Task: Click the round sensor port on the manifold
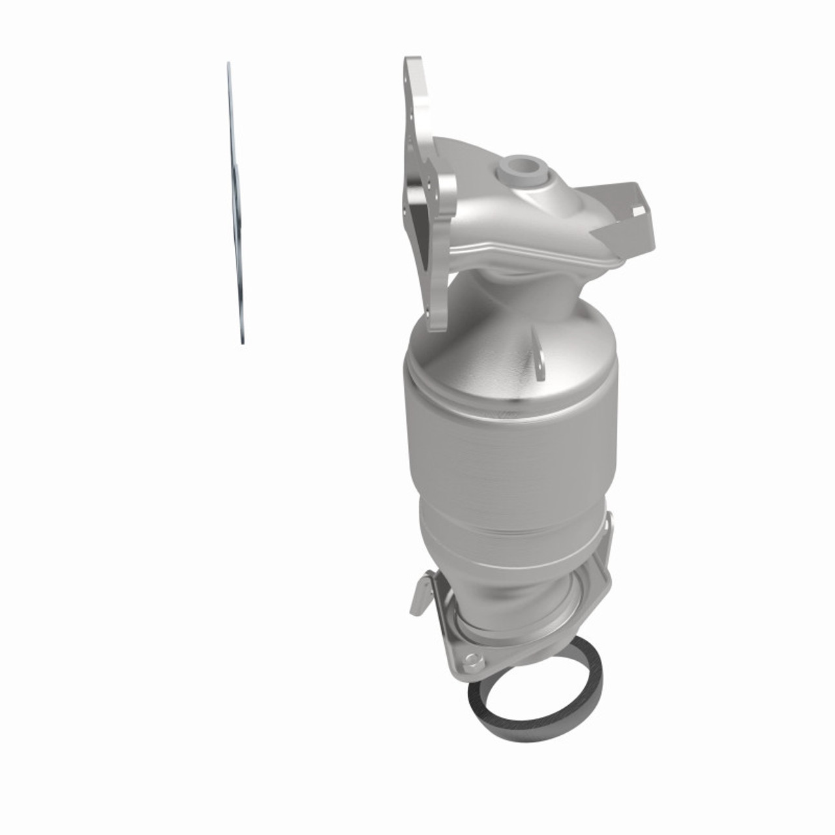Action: (x=521, y=168)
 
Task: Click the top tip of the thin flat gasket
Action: (x=228, y=65)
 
